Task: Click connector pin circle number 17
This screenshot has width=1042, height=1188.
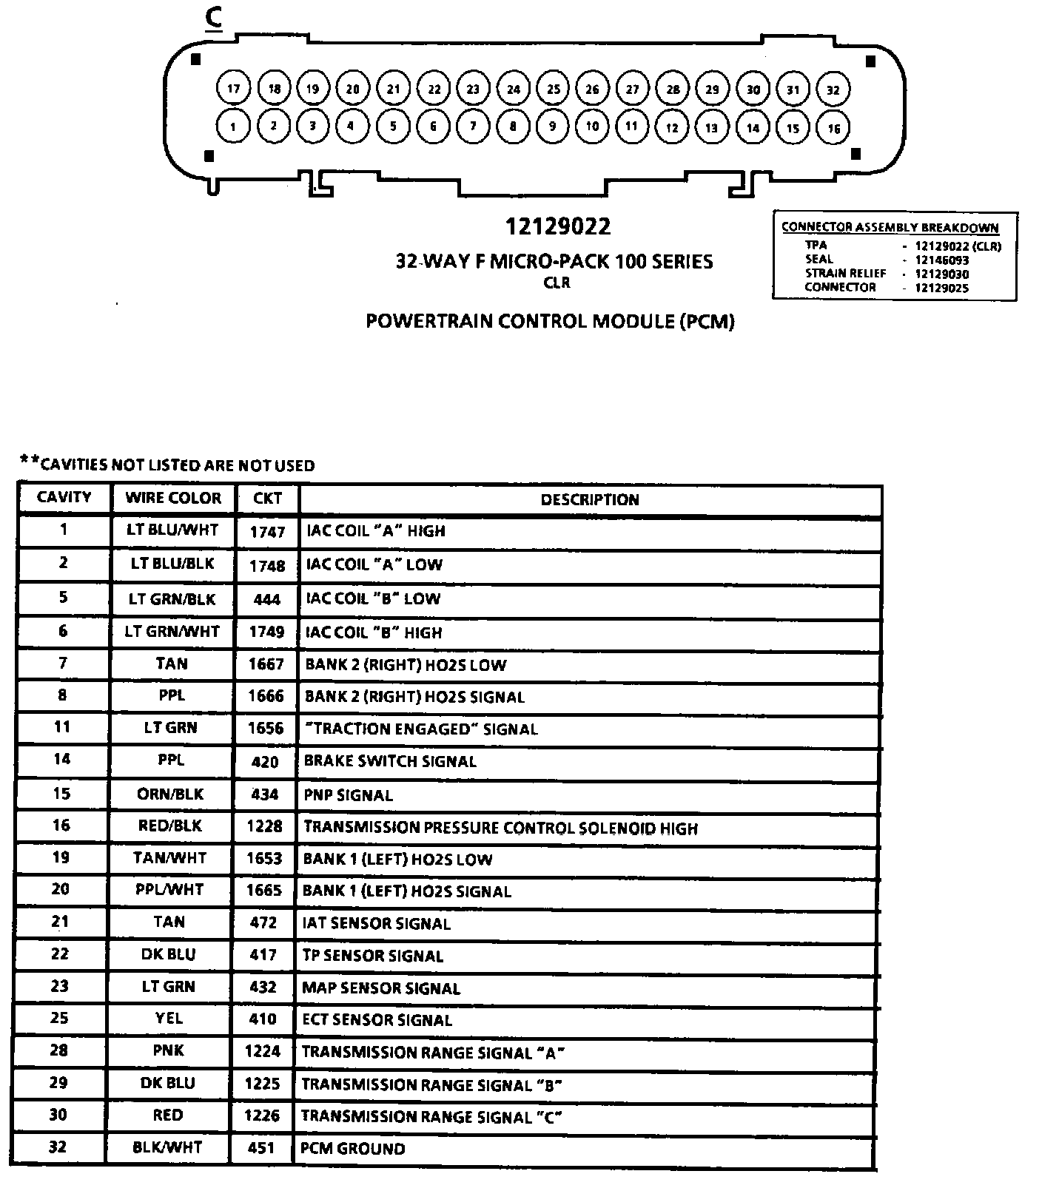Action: click(234, 90)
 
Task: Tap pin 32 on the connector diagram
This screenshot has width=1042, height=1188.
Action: click(833, 90)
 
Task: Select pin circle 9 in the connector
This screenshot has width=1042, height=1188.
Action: click(552, 126)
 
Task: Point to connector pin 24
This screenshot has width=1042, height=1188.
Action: click(513, 90)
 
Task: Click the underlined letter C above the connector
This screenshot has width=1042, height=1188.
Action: click(214, 20)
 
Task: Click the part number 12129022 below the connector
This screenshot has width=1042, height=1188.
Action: click(558, 226)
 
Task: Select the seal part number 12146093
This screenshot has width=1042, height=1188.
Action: click(941, 260)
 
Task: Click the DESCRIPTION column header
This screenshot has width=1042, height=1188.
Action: click(589, 500)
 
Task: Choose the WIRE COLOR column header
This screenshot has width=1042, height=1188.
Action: click(173, 498)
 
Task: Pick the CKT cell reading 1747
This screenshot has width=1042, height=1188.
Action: click(267, 532)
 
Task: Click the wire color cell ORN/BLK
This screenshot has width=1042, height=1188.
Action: click(170, 794)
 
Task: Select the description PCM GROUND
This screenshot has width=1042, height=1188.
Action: click(353, 1149)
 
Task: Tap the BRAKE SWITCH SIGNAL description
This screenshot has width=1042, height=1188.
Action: click(390, 761)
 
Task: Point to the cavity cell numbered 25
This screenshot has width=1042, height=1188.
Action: click(59, 1018)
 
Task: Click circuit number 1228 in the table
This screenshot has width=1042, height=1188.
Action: click(265, 826)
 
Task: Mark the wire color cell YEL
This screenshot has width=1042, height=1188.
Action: click(169, 1019)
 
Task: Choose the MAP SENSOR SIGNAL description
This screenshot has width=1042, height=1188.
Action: click(381, 988)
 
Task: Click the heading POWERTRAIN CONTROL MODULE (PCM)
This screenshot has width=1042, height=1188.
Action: click(550, 322)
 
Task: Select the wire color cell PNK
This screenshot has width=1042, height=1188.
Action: click(169, 1050)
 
